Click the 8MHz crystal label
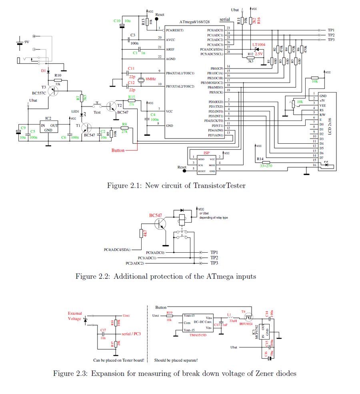tap(150, 79)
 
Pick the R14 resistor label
tap(260, 159)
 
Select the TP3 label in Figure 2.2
tap(214, 263)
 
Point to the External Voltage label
tap(75, 316)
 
